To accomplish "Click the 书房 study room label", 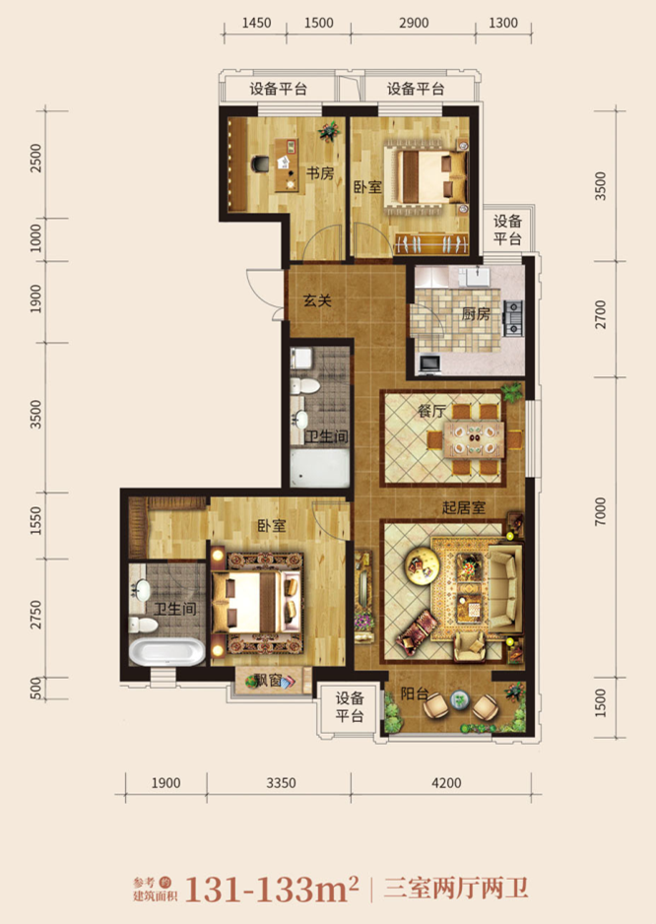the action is click(x=320, y=173).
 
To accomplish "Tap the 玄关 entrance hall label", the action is click(x=317, y=300).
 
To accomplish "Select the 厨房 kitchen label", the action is click(x=475, y=313).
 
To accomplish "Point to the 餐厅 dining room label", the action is click(x=432, y=411).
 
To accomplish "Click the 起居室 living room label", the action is click(x=463, y=506).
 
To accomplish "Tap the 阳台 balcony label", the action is click(x=415, y=693).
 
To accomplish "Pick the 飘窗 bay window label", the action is click(x=268, y=681).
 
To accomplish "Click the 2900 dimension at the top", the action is click(x=413, y=23).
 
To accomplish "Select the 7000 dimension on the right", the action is click(x=600, y=511).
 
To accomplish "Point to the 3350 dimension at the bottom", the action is click(x=281, y=783).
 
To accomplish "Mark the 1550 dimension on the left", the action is click(x=36, y=521).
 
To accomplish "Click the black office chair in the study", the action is click(x=260, y=164).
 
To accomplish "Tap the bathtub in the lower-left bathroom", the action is click(x=166, y=652).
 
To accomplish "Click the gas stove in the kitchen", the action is click(x=512, y=317).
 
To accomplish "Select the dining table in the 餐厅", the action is click(x=475, y=439).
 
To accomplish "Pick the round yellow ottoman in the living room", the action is click(x=422, y=565).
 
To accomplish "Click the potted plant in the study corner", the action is click(x=329, y=131).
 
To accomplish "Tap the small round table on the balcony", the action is click(x=460, y=700).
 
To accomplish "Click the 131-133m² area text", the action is click(x=272, y=889).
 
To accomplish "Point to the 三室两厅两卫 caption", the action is click(x=456, y=889).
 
